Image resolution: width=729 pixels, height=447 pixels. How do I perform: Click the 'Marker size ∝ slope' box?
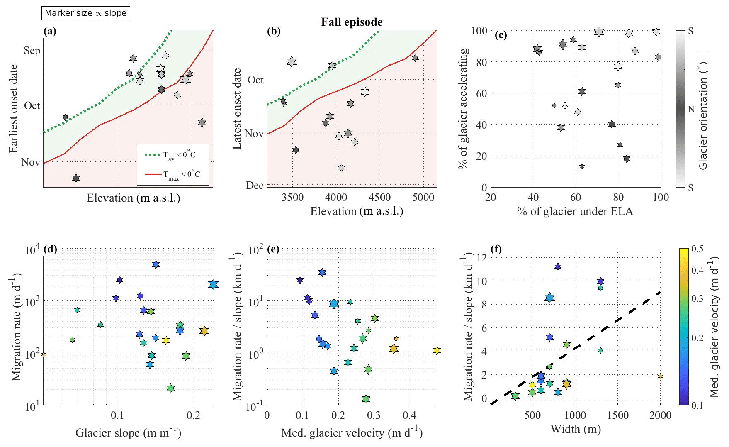pyautogui.click(x=85, y=13)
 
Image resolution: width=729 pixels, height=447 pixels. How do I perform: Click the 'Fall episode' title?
pyautogui.click(x=352, y=22)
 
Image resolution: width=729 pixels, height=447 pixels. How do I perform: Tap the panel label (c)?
pyautogui.click(x=501, y=35)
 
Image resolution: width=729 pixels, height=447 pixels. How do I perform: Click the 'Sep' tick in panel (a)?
pyautogui.click(x=32, y=51)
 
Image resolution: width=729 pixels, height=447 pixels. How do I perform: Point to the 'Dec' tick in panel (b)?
pyautogui.click(x=255, y=185)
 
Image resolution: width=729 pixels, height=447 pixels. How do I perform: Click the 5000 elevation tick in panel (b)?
pyautogui.click(x=423, y=198)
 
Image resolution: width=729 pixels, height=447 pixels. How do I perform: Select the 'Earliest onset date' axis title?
pyautogui.click(x=14, y=108)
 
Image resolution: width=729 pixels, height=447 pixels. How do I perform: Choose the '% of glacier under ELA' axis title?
pyautogui.click(x=575, y=212)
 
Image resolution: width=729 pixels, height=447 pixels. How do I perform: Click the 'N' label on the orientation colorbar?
pyautogui.click(x=691, y=110)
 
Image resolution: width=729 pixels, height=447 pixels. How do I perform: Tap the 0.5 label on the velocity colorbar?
pyautogui.click(x=697, y=249)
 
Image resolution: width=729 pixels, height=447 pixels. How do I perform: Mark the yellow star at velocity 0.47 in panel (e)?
pyautogui.click(x=436, y=350)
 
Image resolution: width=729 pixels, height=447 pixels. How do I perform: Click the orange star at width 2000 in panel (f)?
pyautogui.click(x=660, y=376)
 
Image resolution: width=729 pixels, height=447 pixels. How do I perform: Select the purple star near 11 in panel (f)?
pyautogui.click(x=558, y=266)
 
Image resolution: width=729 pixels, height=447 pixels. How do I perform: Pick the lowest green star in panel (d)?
pyautogui.click(x=170, y=388)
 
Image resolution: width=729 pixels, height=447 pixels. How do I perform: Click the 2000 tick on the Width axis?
pyautogui.click(x=660, y=415)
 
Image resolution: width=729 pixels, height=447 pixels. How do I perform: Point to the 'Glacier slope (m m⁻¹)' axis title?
pyautogui.click(x=128, y=433)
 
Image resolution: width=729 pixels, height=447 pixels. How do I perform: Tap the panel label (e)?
pyautogui.click(x=273, y=249)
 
